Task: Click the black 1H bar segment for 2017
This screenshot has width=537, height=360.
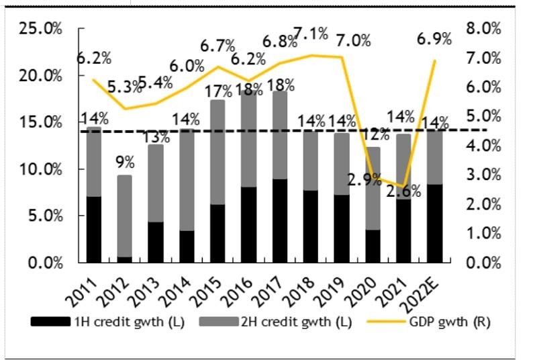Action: [279, 221]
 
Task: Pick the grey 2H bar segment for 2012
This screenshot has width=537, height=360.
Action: [124, 216]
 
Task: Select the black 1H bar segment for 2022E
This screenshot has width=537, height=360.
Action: [434, 224]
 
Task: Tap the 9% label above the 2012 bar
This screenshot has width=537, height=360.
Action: [125, 162]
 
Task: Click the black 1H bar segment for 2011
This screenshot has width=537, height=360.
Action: [94, 230]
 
